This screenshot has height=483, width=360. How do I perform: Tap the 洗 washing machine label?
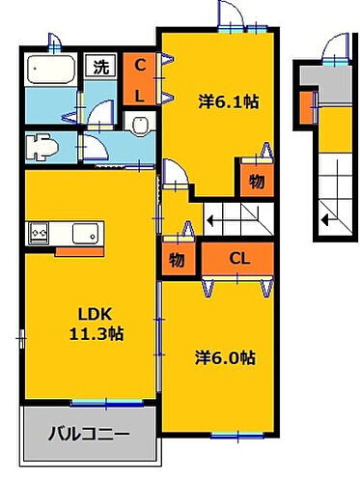[x=101, y=68]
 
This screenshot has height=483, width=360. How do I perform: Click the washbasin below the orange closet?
[x=140, y=123]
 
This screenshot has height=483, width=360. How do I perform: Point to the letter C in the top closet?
[x=140, y=66]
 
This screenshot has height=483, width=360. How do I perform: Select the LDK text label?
[x=91, y=313]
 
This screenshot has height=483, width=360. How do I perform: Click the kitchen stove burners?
[x=42, y=233]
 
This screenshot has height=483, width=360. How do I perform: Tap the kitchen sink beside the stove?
[x=82, y=233]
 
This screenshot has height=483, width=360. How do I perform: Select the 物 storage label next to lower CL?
[x=178, y=259]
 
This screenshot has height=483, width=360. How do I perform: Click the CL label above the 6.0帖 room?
[x=238, y=258]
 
